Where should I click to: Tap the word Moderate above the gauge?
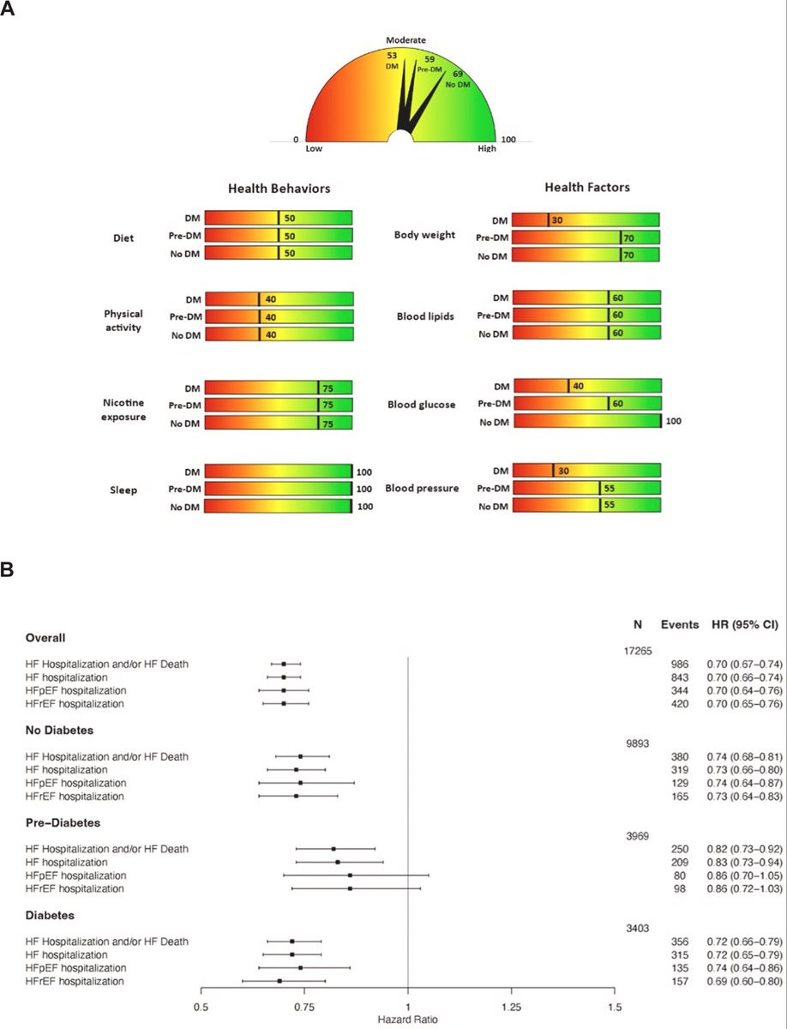pyautogui.click(x=406, y=39)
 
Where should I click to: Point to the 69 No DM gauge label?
pyautogui.click(x=458, y=79)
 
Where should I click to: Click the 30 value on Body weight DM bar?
pyautogui.click(x=558, y=220)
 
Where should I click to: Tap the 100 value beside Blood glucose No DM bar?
pyautogui.click(x=674, y=421)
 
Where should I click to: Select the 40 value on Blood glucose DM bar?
pyautogui.click(x=578, y=387)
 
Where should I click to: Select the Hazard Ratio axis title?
pyautogui.click(x=407, y=1020)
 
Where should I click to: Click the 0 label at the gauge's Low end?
pyautogui.click(x=296, y=140)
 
